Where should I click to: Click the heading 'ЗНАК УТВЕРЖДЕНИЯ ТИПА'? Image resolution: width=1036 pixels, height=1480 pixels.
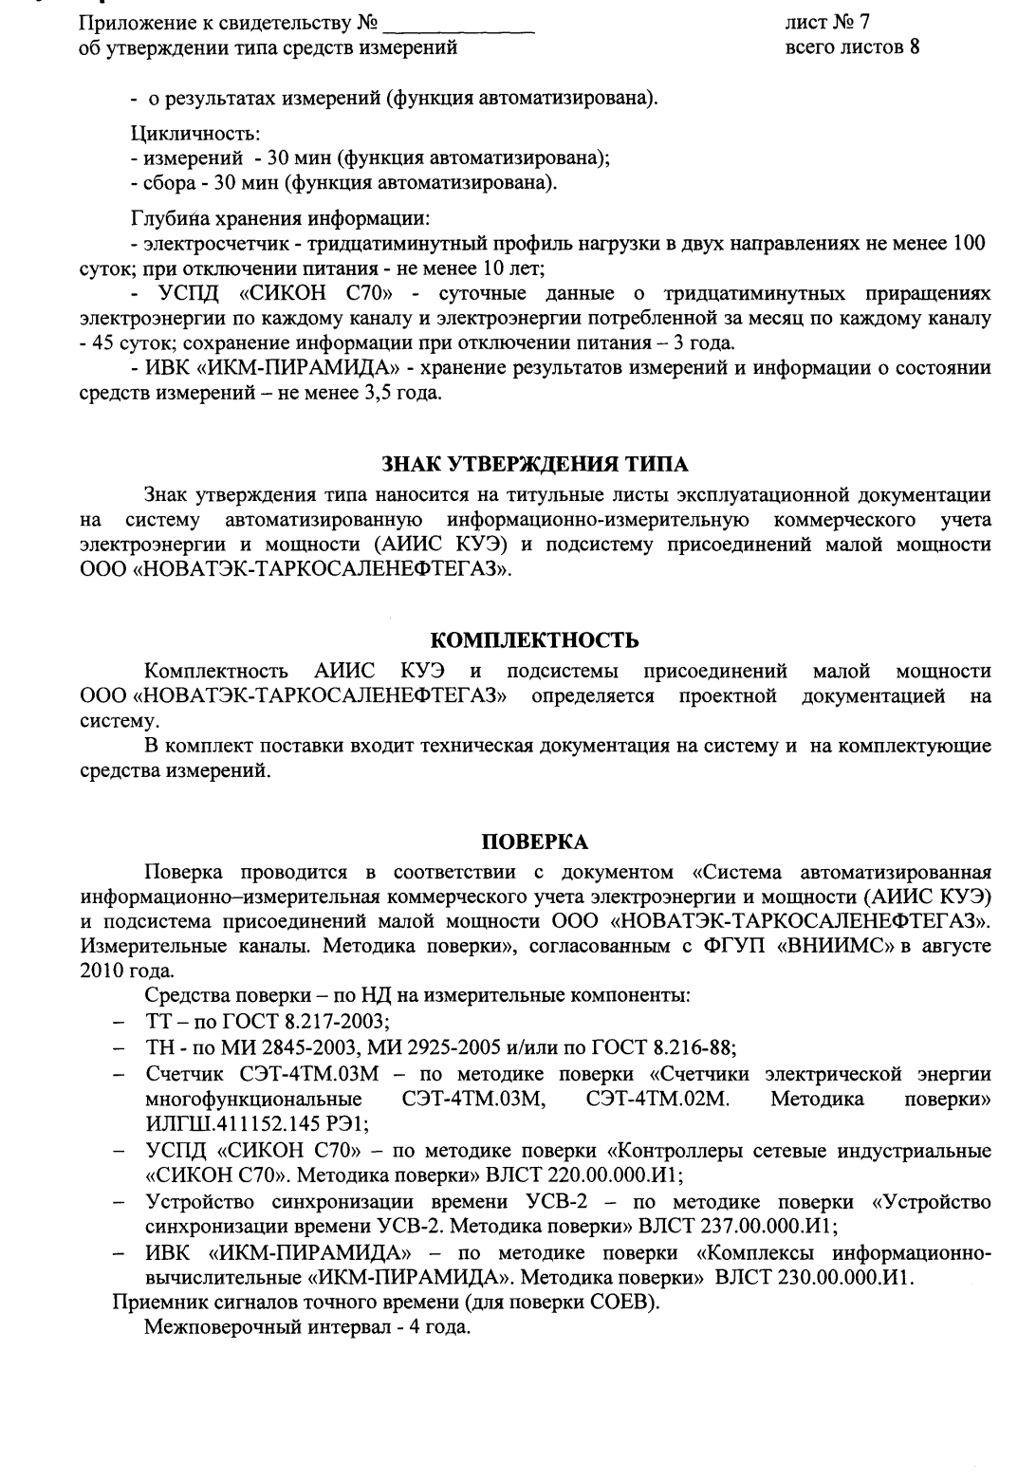pyautogui.click(x=534, y=465)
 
